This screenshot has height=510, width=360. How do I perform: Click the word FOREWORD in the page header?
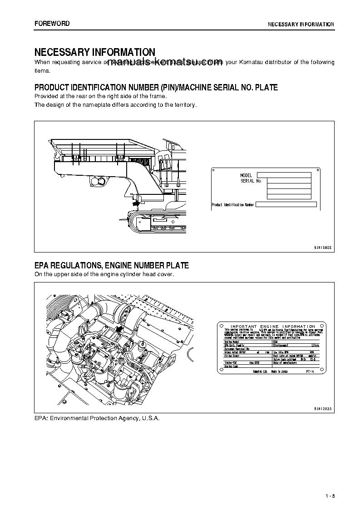coord(52,24)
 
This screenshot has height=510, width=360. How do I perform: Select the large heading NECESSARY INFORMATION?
coord(95,52)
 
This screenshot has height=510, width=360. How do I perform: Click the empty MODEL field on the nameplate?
coord(284,175)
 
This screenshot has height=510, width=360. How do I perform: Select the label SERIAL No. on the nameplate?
coord(252,181)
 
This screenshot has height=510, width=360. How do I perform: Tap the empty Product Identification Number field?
coord(286,205)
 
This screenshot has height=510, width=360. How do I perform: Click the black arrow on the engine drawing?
coord(120,330)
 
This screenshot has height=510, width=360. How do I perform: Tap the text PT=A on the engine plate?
coord(309,371)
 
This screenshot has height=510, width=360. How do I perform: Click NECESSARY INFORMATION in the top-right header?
coord(301,24)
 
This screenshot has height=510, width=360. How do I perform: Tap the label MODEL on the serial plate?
coord(246,175)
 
